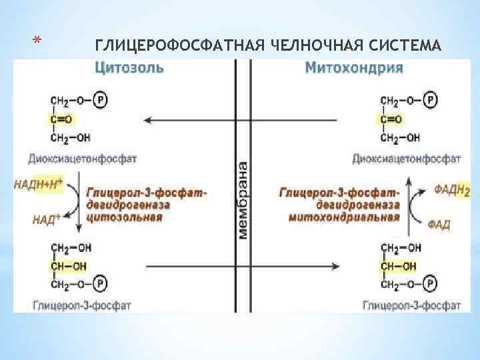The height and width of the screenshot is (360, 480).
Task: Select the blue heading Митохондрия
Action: pos(353,67)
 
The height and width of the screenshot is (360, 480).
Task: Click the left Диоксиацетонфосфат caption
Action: pos(83,159)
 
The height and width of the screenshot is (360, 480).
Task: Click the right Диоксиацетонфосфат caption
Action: pos(406,159)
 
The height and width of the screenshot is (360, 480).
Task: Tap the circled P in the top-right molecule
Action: pos(432,101)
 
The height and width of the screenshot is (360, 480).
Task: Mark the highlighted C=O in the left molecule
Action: pos(62,119)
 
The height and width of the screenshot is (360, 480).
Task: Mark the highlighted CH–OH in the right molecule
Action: pos(399,266)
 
